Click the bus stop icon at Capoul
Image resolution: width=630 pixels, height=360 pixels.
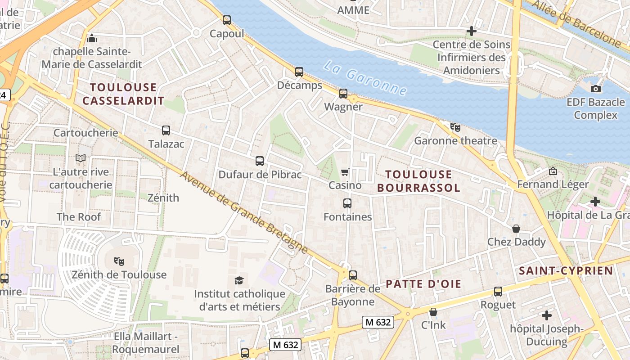tap(227, 20)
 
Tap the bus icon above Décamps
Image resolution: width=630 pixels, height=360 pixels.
tap(299, 72)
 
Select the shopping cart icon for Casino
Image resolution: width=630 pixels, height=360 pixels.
tap(345, 172)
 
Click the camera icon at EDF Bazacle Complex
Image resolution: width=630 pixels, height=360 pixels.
tap(596, 89)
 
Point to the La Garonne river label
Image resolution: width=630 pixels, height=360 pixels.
tap(365, 78)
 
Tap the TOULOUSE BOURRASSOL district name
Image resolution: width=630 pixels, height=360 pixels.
tap(418, 181)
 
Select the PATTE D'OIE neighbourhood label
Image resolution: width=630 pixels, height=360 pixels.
tap(423, 284)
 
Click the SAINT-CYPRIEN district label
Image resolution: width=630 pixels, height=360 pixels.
tap(566, 270)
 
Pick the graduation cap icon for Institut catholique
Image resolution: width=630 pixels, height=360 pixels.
tap(239, 280)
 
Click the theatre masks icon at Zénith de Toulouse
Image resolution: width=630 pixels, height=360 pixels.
tap(119, 261)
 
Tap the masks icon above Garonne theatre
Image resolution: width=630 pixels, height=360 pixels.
tap(455, 127)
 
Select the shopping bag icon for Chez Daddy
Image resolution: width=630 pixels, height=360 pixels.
tap(516, 229)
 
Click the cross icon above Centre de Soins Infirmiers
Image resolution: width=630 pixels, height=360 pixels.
tap(472, 31)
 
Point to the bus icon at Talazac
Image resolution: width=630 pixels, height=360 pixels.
tap(166, 130)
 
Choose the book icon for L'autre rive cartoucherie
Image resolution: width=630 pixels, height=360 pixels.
tap(81, 158)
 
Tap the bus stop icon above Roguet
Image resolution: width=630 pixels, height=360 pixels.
tap(498, 291)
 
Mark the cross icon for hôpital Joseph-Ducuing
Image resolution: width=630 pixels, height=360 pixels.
tap(547, 315)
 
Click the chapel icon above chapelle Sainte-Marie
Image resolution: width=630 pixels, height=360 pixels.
tap(92, 38)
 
